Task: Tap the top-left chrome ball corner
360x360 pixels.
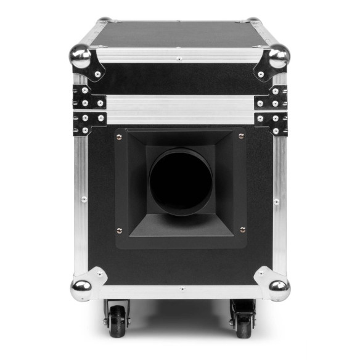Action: click(81, 57)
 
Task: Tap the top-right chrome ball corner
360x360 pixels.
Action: click(278, 57)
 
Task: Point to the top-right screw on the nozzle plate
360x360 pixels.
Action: click(241, 136)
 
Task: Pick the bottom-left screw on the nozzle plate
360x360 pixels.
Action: click(120, 231)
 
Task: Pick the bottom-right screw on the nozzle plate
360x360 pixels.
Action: click(242, 231)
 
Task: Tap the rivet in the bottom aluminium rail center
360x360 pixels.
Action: click(181, 288)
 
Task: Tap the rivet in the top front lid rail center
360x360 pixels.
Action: click(179, 59)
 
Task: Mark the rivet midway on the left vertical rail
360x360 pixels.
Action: click(83, 198)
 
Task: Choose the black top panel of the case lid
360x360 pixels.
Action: click(179, 34)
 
